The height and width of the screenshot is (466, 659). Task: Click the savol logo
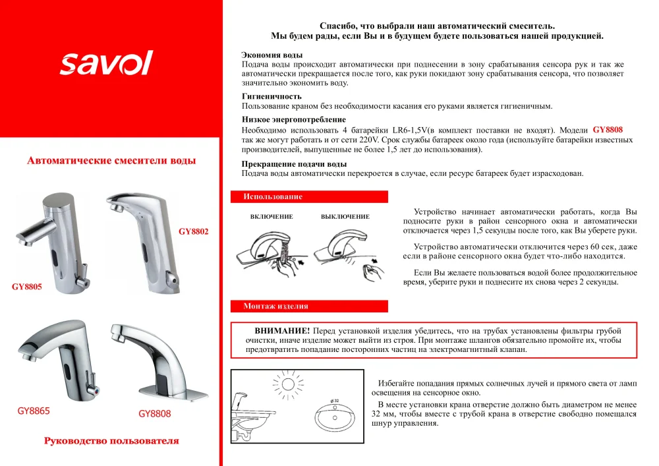[106, 63]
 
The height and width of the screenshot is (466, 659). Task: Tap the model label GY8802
[193, 231]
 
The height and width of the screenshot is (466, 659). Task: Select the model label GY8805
[26, 287]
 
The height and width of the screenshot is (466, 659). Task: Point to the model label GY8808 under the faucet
[155, 414]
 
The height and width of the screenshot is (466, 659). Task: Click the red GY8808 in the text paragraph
[608, 130]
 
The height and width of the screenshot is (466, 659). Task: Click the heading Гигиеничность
[272, 96]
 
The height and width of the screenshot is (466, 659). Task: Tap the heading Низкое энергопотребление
[293, 119]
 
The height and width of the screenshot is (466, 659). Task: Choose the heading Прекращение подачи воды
[294, 163]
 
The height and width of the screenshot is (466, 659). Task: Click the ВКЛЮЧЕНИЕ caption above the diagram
[272, 217]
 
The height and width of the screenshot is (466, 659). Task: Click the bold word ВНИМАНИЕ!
[282, 330]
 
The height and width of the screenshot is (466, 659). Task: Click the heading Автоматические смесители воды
[111, 161]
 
